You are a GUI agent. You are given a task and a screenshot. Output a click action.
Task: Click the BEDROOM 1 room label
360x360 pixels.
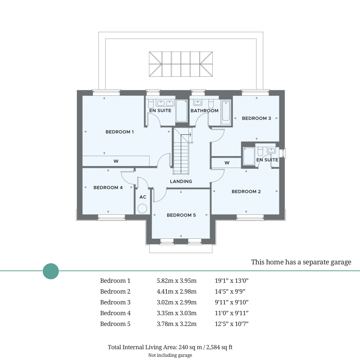(119, 132)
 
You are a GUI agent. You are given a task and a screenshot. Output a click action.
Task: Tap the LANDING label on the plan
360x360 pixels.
(181, 181)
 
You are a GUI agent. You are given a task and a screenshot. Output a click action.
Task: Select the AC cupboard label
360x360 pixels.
(143, 197)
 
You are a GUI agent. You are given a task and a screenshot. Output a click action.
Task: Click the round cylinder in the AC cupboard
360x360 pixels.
(142, 209)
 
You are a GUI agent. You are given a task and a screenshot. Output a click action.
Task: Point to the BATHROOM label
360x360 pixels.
(204, 111)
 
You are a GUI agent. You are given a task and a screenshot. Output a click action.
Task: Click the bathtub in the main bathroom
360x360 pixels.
(226, 112)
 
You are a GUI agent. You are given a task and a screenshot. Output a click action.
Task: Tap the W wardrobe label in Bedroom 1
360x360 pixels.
(116, 161)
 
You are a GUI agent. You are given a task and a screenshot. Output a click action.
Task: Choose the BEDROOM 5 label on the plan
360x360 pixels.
(181, 215)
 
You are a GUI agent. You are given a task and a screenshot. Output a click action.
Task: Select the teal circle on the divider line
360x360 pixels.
(51, 271)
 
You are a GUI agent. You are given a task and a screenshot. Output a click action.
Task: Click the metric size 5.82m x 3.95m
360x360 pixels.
(176, 280)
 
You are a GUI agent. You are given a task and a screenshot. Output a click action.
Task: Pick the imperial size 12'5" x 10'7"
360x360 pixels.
(232, 324)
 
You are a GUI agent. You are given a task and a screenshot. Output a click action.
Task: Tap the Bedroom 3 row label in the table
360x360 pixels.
(115, 302)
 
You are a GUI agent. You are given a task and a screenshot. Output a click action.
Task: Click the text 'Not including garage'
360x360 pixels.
(170, 355)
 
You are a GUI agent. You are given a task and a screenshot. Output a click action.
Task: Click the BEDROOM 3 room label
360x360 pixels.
(256, 118)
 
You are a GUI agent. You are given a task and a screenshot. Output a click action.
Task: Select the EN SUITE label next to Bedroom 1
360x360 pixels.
(160, 110)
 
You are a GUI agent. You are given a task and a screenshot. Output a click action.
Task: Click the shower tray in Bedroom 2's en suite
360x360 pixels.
(249, 156)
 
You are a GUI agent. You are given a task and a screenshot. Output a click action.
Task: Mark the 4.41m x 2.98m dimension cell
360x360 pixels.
(176, 291)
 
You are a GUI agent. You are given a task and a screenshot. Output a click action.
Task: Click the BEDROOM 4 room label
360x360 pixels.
(108, 188)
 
